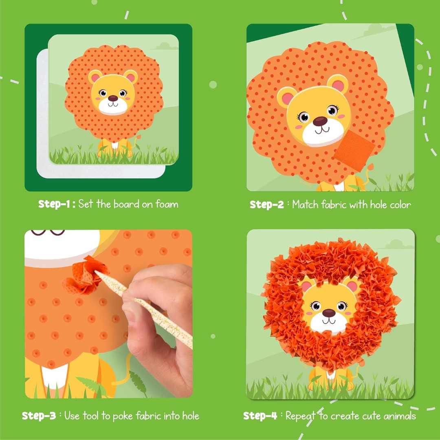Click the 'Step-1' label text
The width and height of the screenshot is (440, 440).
coord(56,204)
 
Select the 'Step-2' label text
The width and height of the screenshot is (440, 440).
coord(267,205)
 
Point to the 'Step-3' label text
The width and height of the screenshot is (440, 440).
coord(39,416)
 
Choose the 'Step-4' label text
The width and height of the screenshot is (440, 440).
coord(260,416)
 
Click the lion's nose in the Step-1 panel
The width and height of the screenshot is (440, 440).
coord(113,98)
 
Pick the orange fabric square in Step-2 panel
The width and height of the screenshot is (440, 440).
coord(354,150)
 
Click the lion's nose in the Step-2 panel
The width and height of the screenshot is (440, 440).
coord(320,121)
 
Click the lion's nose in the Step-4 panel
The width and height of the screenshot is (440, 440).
coord(328,312)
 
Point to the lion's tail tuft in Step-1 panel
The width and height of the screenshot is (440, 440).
coord(139,137)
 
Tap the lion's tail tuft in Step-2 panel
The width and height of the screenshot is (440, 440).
coord(370,167)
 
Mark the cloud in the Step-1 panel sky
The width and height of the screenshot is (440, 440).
coord(164,46)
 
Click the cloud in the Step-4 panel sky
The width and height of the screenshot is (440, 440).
coord(396,244)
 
